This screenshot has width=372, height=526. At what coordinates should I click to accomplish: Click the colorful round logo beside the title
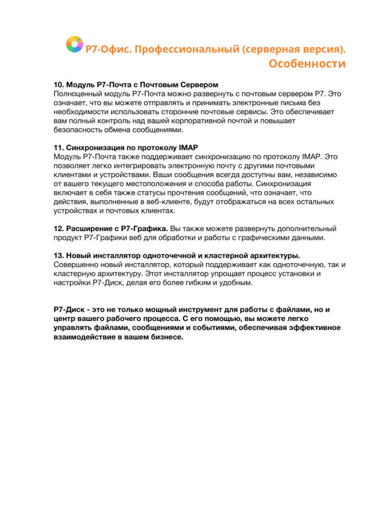[x=75, y=44]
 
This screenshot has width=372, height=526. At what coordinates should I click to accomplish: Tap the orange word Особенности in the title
[x=307, y=64]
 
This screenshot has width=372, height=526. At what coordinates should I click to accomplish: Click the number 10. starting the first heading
[x=59, y=85]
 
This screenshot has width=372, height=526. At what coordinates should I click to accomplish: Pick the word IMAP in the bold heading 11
[x=188, y=147]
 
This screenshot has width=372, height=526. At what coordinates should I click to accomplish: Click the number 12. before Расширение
[x=59, y=228]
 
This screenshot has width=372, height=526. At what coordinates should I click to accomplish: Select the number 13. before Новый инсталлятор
[x=59, y=255]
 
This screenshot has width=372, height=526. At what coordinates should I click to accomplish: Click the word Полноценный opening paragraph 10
[x=78, y=94]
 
